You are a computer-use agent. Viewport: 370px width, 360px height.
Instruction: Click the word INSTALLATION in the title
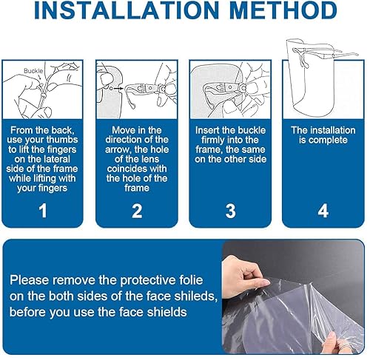127,10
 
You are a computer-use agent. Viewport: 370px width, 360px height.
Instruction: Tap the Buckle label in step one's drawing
33,71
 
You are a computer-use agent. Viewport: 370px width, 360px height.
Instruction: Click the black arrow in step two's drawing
118,88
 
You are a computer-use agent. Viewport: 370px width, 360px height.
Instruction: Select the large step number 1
43,211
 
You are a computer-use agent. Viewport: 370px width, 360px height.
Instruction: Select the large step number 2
137,211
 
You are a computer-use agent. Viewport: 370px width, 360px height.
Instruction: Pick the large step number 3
230,211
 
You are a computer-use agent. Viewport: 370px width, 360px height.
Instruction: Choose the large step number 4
323,211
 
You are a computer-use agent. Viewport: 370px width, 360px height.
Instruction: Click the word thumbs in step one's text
62,140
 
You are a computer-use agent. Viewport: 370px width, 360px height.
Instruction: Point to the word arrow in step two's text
116,150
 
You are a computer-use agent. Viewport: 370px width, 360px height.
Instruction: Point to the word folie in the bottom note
192,280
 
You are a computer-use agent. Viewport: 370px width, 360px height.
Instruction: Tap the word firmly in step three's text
213,140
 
